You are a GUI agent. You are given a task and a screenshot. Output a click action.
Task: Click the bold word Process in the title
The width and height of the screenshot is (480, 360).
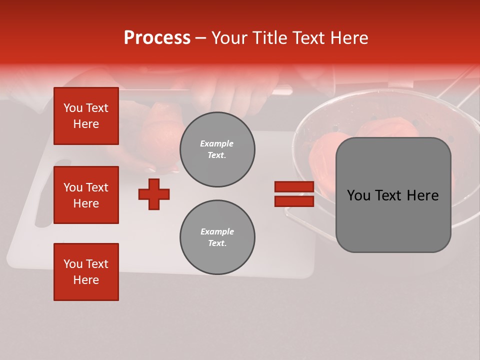click(x=157, y=38)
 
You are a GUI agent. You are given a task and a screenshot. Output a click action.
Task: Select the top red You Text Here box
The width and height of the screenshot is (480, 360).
click(x=86, y=116)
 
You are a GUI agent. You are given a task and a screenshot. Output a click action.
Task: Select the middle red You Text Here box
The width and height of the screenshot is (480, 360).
click(x=86, y=195)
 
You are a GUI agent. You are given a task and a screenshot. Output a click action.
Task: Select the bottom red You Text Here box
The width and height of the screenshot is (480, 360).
click(x=86, y=272)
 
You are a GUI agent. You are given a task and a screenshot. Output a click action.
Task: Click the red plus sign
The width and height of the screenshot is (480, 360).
click(x=154, y=194)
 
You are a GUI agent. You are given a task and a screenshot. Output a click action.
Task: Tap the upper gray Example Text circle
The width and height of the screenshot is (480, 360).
click(x=217, y=149)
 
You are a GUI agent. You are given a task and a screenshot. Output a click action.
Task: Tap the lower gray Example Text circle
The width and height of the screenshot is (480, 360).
click(x=217, y=237)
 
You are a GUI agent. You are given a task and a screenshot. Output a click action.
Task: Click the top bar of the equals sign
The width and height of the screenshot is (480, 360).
click(x=294, y=186)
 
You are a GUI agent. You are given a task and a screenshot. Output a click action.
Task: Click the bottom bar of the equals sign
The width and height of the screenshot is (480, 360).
click(x=294, y=201)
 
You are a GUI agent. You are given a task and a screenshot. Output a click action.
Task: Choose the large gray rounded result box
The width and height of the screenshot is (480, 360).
click(x=393, y=195)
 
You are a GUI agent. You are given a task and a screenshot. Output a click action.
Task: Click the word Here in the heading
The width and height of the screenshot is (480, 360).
click(x=348, y=38)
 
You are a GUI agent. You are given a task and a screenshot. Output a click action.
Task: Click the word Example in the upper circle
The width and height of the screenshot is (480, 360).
click(x=217, y=143)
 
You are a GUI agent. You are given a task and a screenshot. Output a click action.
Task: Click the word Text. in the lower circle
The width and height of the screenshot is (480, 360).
click(x=217, y=243)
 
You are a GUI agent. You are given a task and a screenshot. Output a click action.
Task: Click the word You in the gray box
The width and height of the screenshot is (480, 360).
click(x=358, y=195)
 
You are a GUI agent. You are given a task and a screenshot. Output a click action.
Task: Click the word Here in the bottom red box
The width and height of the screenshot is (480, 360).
click(x=86, y=280)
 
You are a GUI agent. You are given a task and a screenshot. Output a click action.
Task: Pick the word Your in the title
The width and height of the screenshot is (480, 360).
click(x=229, y=38)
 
